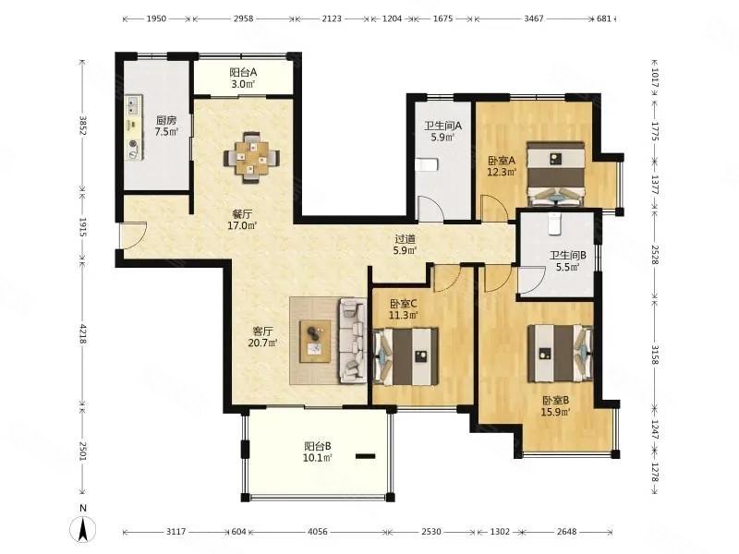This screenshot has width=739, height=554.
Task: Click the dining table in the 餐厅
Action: tap(251, 158)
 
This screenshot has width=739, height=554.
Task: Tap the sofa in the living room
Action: tap(353, 340)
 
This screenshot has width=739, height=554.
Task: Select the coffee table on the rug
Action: tap(315, 341)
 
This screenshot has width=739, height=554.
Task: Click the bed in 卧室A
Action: tap(556, 175)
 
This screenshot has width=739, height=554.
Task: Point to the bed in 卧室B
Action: tap(560, 353)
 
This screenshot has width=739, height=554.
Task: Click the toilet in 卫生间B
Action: tap(555, 223)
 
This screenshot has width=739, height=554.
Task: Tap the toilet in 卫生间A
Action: tap(427, 165)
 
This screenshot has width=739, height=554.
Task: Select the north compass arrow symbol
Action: tap(83, 528)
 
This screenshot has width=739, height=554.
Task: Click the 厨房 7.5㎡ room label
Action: tap(166, 126)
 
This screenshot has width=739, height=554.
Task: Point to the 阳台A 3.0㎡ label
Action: tap(243, 78)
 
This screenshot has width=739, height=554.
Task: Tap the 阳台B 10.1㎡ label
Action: tap(318, 452)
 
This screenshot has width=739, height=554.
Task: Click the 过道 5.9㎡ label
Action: tap(405, 245)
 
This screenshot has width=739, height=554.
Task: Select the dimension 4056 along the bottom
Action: tap(317, 532)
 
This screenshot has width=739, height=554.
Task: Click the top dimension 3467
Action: tap(534, 18)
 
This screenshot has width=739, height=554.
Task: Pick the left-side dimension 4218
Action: tap(83, 333)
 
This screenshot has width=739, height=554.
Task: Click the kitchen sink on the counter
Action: tap(134, 105)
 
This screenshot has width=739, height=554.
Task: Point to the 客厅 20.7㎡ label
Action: tap(262, 337)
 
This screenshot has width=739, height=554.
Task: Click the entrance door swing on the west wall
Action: tap(134, 235)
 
